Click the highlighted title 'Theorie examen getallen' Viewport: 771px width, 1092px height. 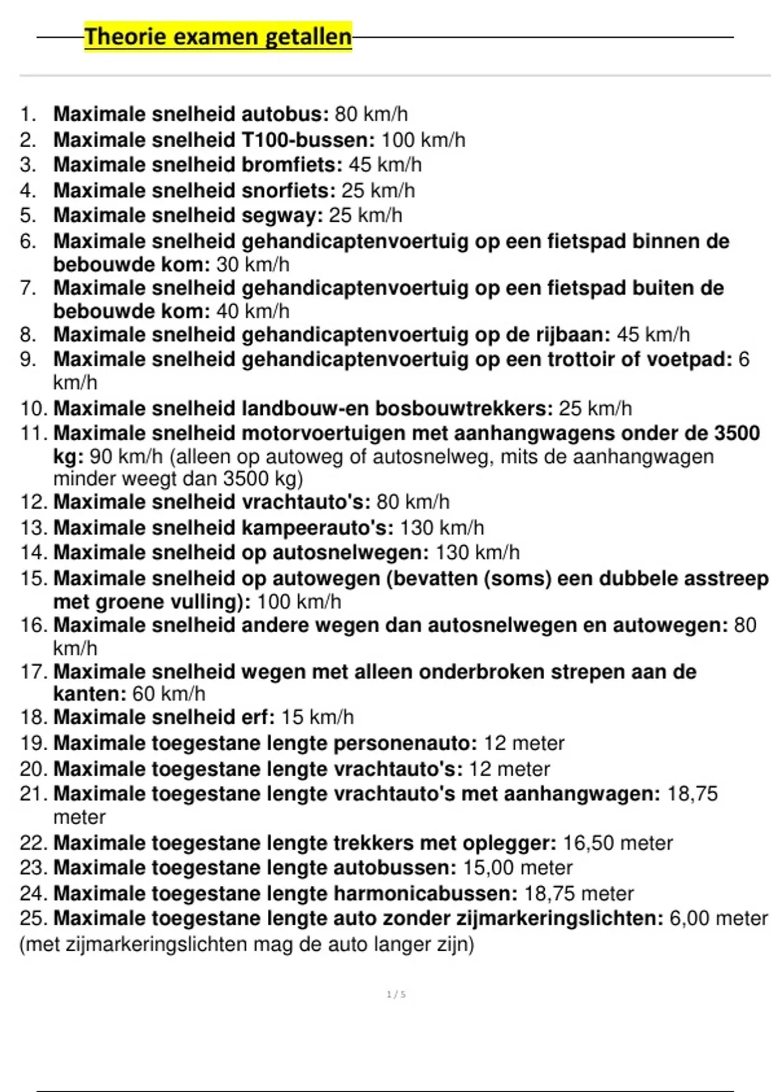pos(218,37)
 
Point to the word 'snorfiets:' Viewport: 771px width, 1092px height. pos(288,191)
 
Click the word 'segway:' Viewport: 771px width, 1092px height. pos(282,216)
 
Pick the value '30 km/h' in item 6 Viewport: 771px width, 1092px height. pos(253,265)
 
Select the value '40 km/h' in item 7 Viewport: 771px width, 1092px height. pos(253,312)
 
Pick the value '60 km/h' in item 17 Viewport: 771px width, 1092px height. pos(168,694)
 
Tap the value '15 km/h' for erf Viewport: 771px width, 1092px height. pos(317,718)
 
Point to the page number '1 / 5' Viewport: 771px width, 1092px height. pos(396,994)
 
